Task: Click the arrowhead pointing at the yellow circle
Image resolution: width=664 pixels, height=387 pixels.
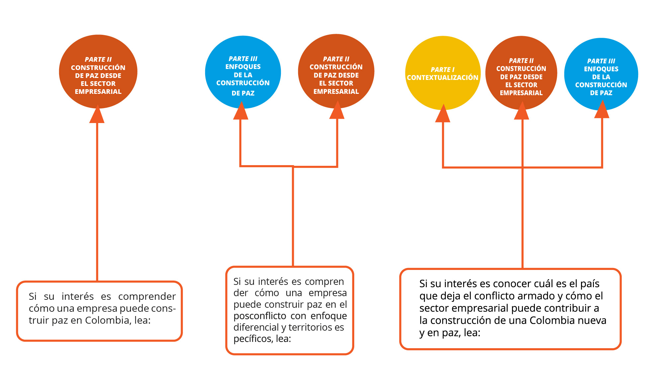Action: tap(443, 114)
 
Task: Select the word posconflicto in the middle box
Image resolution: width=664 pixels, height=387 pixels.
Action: tap(260, 316)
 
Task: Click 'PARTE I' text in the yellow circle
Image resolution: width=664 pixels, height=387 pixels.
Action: tap(442, 70)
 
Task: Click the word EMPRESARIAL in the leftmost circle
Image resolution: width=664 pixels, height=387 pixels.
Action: tap(98, 92)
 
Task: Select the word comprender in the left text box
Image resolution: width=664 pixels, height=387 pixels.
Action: tap(147, 296)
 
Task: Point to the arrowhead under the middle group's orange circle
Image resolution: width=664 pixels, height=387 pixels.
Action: tap(337, 111)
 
